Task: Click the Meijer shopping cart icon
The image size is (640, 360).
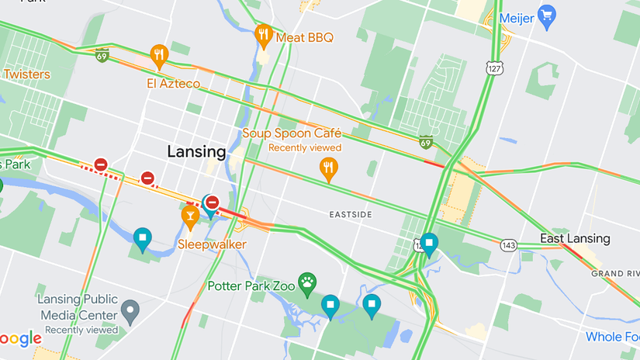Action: (547, 16)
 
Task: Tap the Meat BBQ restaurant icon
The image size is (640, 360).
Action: (264, 35)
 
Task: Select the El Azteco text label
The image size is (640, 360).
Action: (173, 83)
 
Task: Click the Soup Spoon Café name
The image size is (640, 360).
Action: (292, 133)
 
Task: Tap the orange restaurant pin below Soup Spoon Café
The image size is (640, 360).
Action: (329, 168)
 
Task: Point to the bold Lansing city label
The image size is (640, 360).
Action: (197, 151)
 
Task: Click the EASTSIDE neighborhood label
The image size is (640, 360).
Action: (351, 214)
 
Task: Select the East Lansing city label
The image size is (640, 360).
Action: (575, 238)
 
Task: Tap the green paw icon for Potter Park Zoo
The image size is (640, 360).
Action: (308, 283)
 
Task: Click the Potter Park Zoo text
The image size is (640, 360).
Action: (251, 286)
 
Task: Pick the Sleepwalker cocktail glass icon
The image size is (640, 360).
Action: (190, 216)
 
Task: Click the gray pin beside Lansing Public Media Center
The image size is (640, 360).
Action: (130, 310)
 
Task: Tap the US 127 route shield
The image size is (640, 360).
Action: (494, 68)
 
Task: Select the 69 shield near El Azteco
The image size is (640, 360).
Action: (102, 55)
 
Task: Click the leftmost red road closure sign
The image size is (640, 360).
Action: (101, 164)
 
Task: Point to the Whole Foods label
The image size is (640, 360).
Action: (613, 337)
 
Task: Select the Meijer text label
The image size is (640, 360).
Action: (517, 17)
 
